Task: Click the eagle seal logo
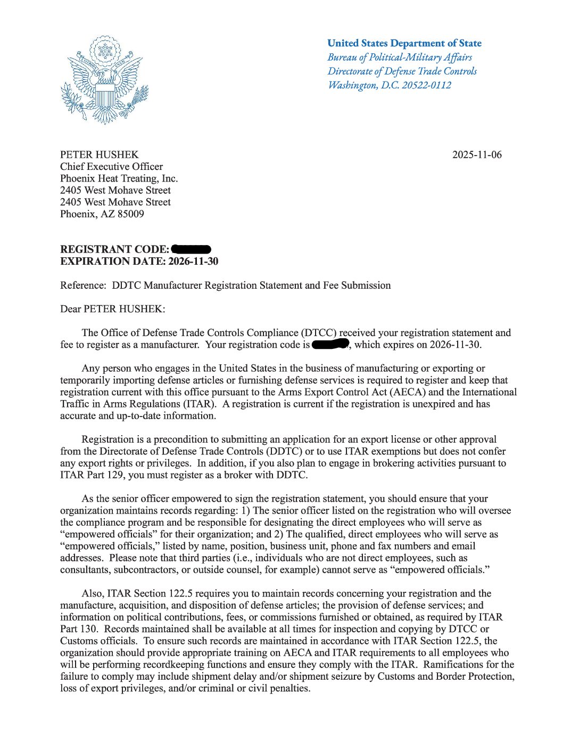point(104,80)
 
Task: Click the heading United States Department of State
point(404,43)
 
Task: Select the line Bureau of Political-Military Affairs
point(400,57)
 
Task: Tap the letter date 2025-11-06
point(477,155)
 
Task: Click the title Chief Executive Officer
point(111,167)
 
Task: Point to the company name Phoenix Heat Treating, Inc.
point(119,178)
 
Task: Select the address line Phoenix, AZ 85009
point(102,214)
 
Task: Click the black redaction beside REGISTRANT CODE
point(192,249)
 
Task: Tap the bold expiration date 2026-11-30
point(193,261)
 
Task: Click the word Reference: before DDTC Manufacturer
point(82,286)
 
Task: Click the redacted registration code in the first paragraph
point(330,344)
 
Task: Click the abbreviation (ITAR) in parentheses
point(199,404)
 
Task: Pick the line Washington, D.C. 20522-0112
point(389,85)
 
